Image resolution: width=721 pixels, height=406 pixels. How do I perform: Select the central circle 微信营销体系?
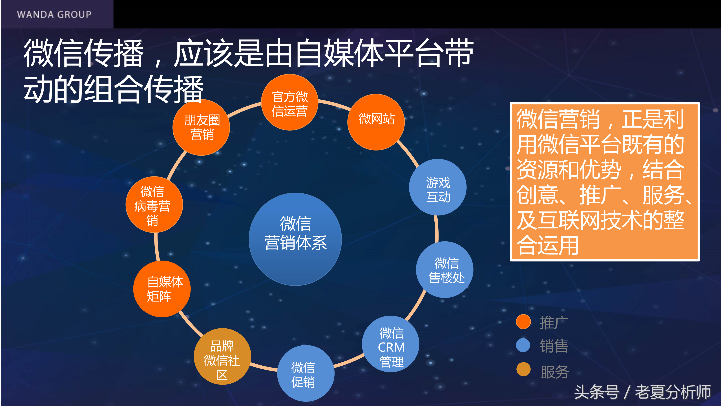[x=295, y=239]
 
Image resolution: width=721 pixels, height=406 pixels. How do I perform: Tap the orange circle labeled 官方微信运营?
[x=289, y=102]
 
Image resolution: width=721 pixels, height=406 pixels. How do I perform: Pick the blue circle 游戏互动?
[x=438, y=187]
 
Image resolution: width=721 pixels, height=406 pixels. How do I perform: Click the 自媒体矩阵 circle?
[x=162, y=289]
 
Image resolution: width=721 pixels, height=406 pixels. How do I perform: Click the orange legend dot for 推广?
[x=523, y=322]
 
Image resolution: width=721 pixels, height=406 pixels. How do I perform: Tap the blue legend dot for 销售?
[x=523, y=345]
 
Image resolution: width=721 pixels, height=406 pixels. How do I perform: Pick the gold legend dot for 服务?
[x=523, y=369]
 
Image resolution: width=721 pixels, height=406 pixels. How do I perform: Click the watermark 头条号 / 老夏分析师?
[x=642, y=392]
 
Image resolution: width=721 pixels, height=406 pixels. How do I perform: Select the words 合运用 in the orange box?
[x=547, y=245]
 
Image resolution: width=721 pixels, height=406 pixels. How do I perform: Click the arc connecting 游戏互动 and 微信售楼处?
[x=437, y=228]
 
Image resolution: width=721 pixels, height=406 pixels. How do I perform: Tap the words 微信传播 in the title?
[x=83, y=53]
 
